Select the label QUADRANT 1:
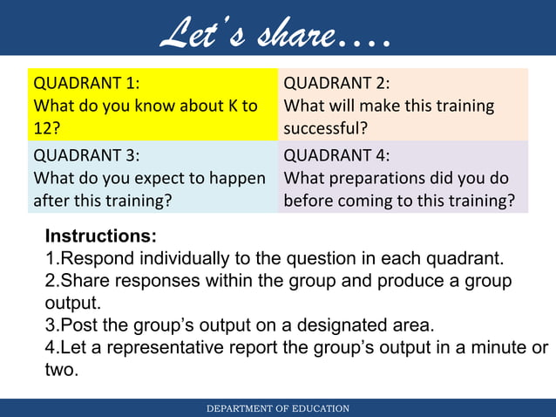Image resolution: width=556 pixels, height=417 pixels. pyautogui.click(x=85, y=85)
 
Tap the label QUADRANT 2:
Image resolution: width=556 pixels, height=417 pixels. pyautogui.click(x=337, y=85)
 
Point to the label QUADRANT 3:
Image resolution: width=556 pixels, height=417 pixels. pyautogui.click(x=85, y=156)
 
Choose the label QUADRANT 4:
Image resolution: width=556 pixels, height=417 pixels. pyautogui.click(x=337, y=156)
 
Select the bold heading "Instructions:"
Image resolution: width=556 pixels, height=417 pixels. pyautogui.click(x=101, y=236)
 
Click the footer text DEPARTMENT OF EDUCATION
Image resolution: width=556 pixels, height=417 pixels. pyautogui.click(x=278, y=408)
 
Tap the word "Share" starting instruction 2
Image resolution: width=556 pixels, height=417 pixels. pyautogui.click(x=83, y=281)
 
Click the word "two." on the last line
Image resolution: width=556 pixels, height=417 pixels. pyautogui.click(x=62, y=371)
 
